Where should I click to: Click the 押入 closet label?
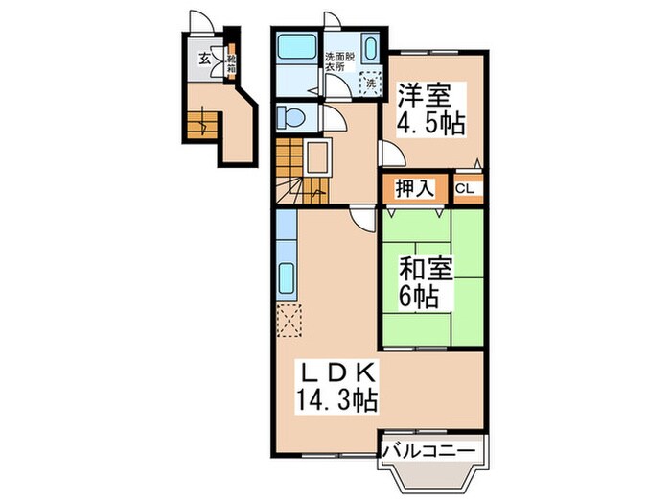click(407, 189)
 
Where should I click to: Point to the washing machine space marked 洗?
click(369, 82)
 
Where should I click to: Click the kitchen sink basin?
click(288, 279)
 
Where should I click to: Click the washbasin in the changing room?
click(371, 47)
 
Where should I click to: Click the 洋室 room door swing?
click(387, 154)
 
